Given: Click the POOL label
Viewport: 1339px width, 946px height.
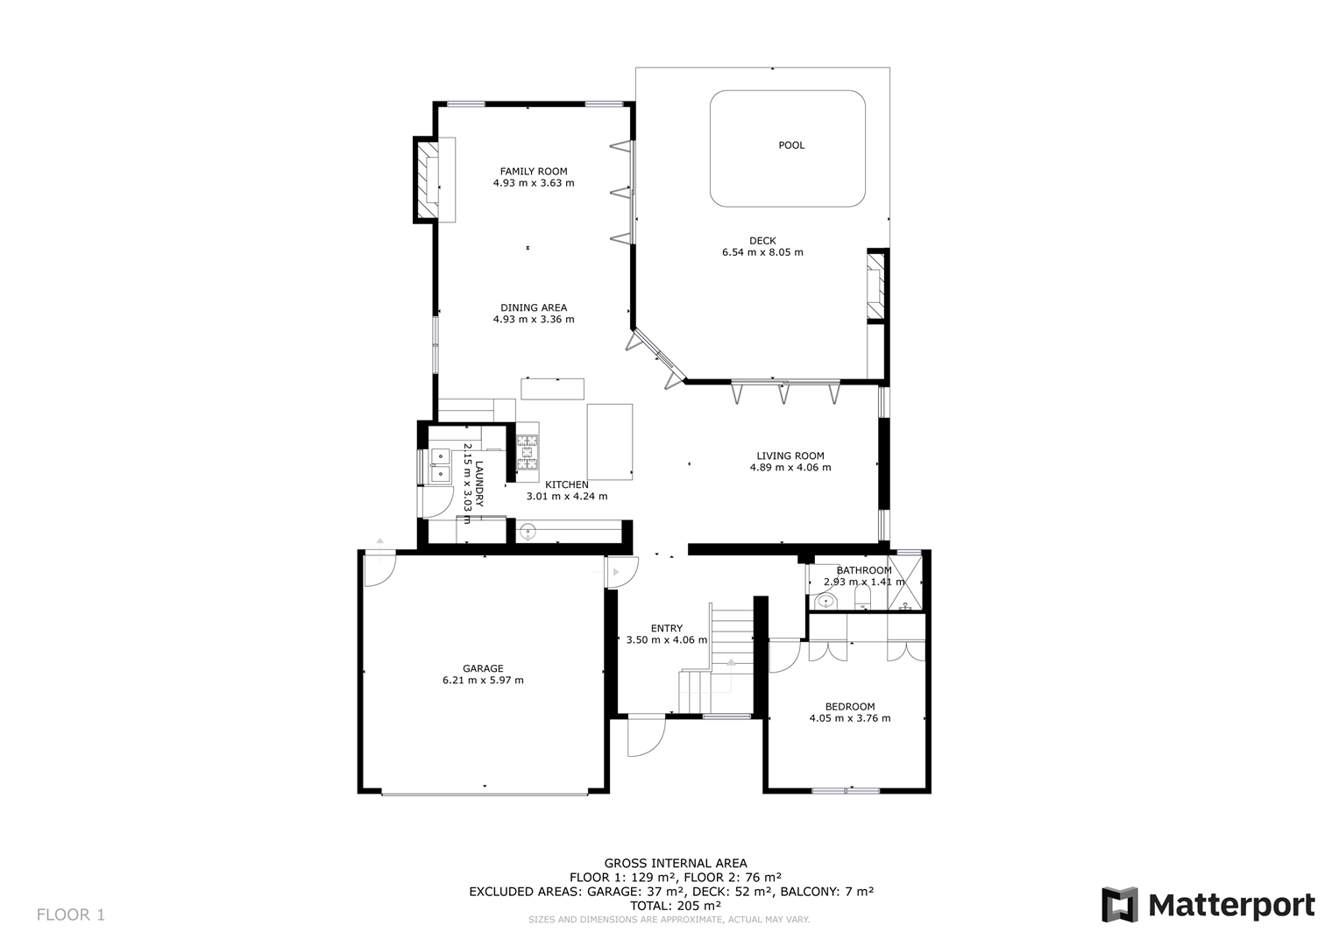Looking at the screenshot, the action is point(791,145).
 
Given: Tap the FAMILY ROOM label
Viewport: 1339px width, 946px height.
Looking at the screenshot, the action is point(534,172).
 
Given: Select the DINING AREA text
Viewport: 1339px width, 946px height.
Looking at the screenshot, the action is point(534,307).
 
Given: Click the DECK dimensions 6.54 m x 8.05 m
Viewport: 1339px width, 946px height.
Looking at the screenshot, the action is point(762,252).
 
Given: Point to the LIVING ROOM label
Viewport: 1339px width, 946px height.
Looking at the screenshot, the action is point(790,456).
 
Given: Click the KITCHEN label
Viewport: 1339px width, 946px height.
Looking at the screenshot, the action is point(567,484).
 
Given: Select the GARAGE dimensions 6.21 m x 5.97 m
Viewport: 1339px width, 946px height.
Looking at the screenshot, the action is point(483,680).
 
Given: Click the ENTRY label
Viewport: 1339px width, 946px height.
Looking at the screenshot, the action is point(667,628).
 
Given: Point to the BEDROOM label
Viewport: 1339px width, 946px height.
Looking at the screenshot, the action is point(850,706).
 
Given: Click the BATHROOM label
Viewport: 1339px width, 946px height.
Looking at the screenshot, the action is point(864,570).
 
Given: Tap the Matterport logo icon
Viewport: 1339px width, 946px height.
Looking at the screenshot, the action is point(1120,905).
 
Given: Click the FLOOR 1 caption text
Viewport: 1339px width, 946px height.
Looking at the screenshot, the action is point(70,915).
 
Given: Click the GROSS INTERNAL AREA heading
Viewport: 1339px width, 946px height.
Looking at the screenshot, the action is point(676,863).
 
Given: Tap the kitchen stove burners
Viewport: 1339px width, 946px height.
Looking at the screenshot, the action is point(528,452).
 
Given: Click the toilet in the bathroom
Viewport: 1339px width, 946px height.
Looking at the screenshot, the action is point(862,597).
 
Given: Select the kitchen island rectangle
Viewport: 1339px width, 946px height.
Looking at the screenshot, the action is point(610,441).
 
